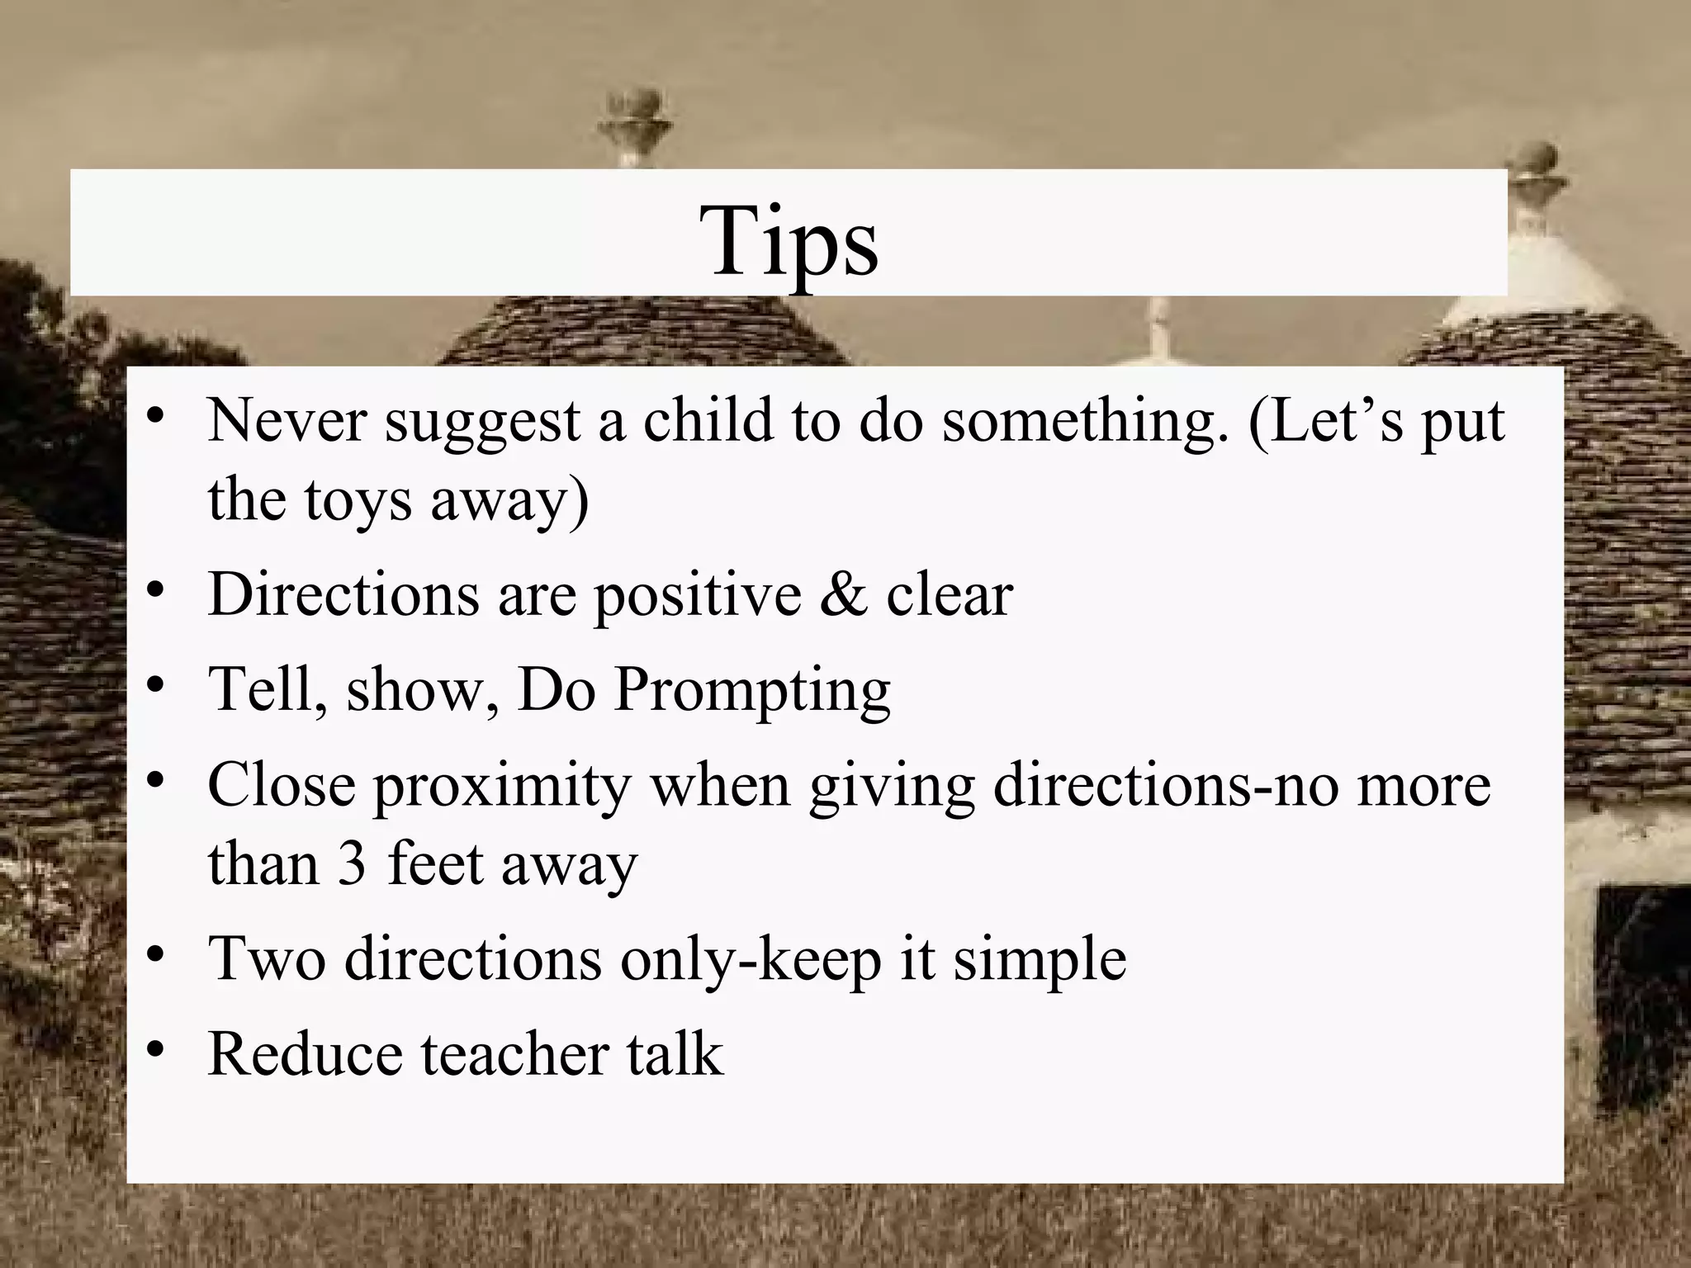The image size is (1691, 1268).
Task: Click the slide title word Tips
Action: click(789, 241)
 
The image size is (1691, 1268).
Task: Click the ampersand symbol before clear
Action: click(843, 594)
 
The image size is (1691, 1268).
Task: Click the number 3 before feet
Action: click(352, 865)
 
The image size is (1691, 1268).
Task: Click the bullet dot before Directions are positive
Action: click(154, 591)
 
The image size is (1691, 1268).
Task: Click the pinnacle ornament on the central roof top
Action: click(632, 124)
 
